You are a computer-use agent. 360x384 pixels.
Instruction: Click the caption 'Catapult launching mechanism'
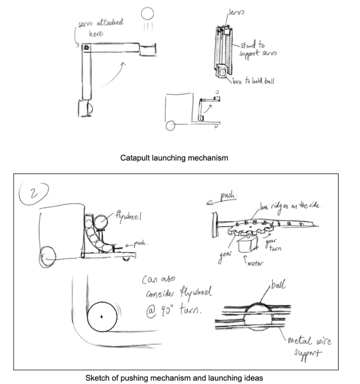point(174,158)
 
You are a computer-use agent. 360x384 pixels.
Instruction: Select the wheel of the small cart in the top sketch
point(171,125)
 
